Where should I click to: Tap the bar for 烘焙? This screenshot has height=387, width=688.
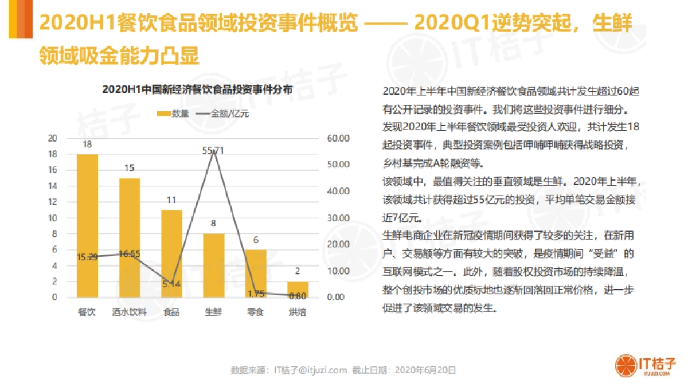(x=298, y=289)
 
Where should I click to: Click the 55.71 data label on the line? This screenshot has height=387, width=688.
(x=213, y=151)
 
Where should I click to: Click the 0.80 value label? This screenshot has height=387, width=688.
(x=298, y=296)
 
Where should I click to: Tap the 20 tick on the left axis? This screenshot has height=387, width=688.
(x=52, y=138)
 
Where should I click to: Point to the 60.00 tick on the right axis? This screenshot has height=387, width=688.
(x=338, y=138)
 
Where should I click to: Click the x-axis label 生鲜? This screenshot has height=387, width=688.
(x=213, y=312)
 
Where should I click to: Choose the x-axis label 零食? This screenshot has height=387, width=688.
(x=255, y=312)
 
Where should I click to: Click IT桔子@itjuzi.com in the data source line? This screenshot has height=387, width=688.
(x=311, y=370)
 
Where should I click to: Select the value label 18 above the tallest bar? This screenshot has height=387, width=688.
(x=87, y=145)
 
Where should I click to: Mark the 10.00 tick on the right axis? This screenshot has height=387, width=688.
(x=338, y=271)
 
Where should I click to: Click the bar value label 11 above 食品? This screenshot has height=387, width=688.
(x=171, y=201)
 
